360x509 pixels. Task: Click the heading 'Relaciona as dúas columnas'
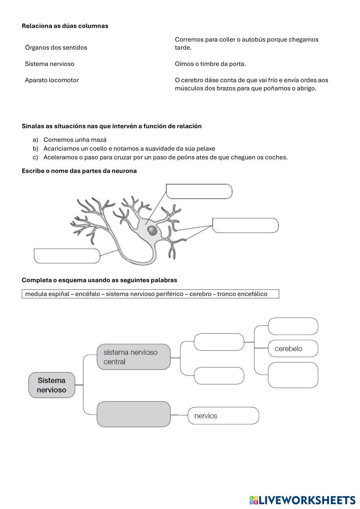click(x=65, y=26)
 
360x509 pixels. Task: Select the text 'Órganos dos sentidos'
click(x=56, y=48)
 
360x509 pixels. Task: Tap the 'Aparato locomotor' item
click(x=52, y=80)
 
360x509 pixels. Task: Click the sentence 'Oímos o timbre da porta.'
click(x=211, y=64)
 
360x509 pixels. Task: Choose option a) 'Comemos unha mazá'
click(x=75, y=140)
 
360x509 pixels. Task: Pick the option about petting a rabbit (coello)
click(x=129, y=148)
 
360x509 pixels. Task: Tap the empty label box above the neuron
click(x=199, y=191)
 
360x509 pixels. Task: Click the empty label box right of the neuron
click(x=245, y=225)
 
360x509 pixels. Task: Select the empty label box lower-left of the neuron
click(x=67, y=256)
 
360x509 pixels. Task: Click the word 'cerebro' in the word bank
click(x=200, y=294)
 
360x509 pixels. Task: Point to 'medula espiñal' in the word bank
click(x=47, y=294)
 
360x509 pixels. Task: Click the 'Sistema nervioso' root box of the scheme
click(x=52, y=385)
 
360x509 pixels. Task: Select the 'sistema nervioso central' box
click(x=134, y=357)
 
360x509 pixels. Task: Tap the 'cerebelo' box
click(x=293, y=348)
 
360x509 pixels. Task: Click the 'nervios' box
click(x=223, y=416)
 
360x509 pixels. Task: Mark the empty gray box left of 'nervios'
click(x=134, y=414)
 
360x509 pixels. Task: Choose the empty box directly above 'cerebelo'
click(x=293, y=326)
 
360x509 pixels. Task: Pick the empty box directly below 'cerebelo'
click(x=293, y=375)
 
